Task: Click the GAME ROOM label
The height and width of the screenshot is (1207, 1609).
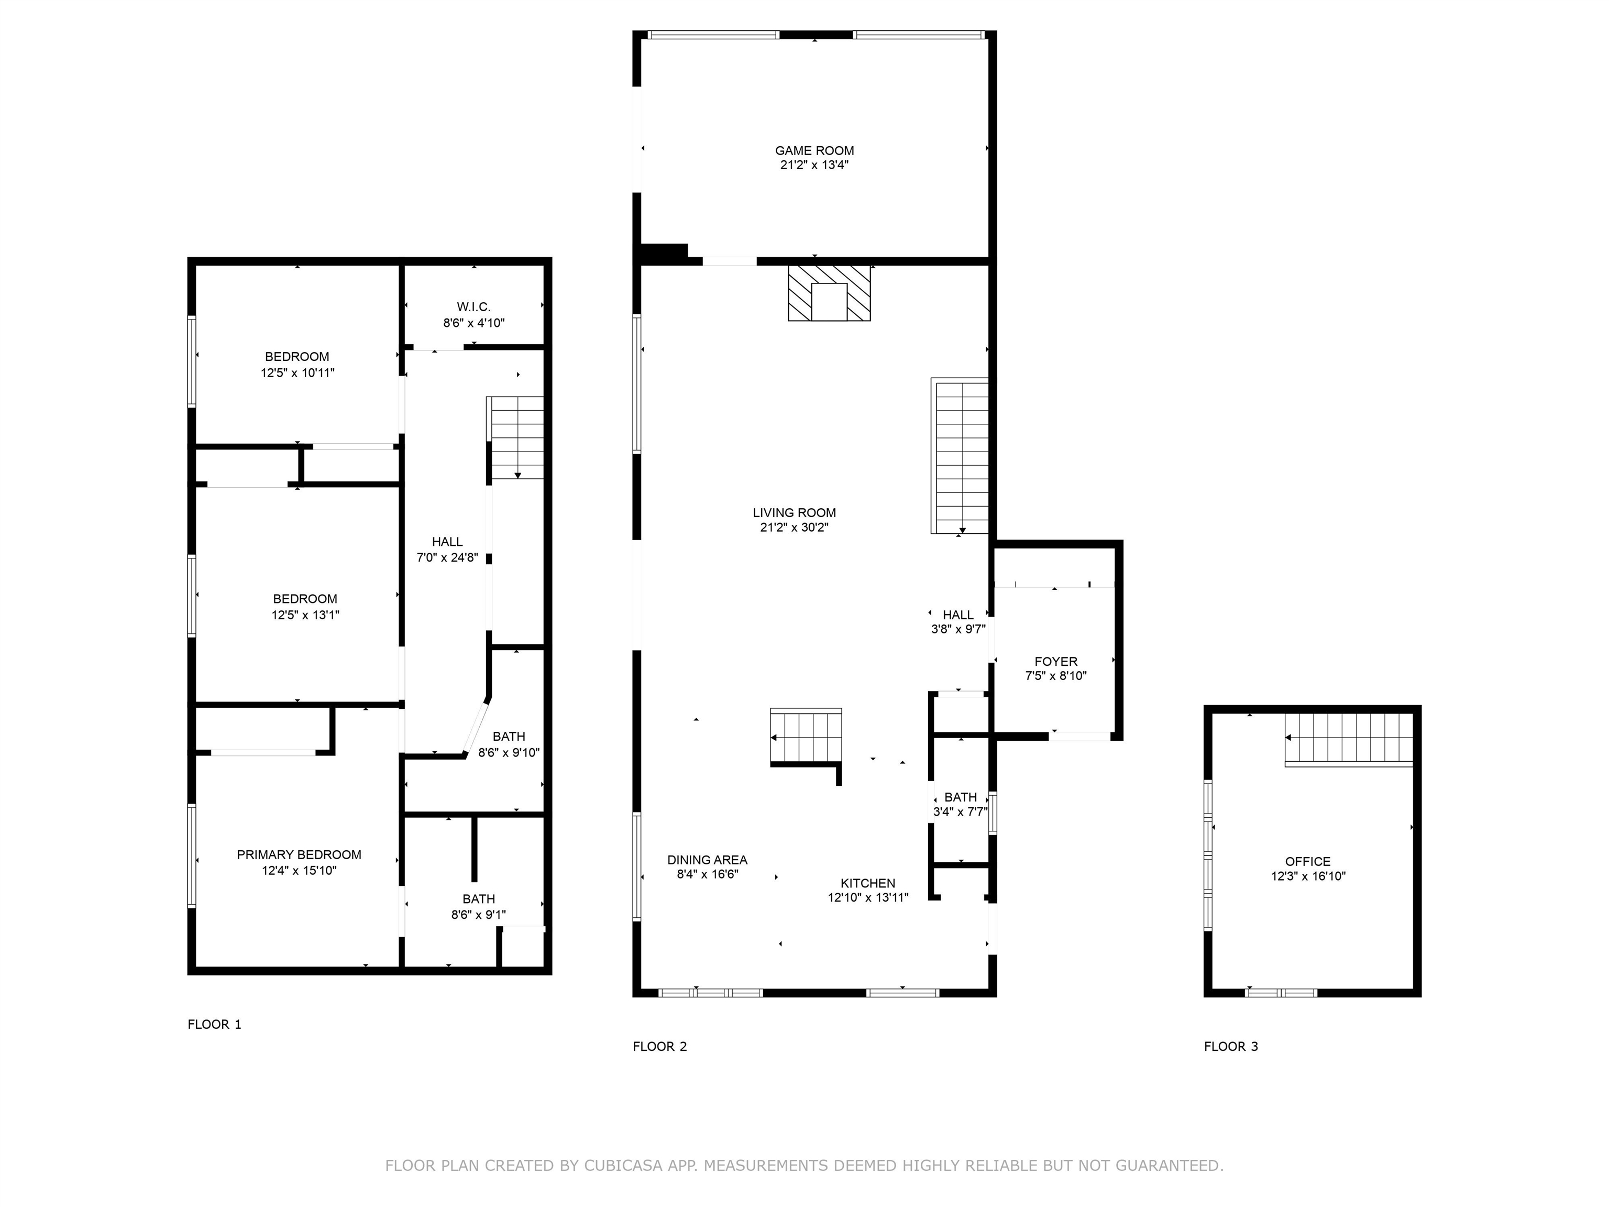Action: click(x=814, y=150)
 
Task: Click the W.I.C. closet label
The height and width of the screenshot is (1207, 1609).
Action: click(x=473, y=307)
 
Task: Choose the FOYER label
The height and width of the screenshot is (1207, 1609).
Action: click(x=1055, y=661)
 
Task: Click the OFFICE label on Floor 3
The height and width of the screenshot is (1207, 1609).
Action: click(x=1307, y=861)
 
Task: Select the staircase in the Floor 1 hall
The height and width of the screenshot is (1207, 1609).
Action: click(x=516, y=438)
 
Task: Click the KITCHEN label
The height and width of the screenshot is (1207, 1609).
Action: click(x=868, y=883)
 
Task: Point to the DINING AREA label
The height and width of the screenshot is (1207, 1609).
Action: click(x=707, y=860)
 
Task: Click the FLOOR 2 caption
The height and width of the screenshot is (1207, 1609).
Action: click(x=659, y=1046)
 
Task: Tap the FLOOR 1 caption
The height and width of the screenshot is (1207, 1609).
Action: click(x=214, y=1024)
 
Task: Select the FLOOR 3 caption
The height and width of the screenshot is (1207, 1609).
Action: click(x=1230, y=1046)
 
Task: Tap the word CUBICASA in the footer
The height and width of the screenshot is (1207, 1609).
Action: click(x=623, y=1166)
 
